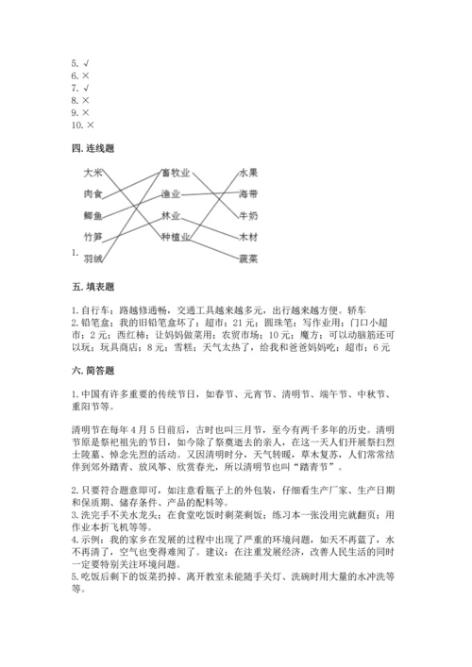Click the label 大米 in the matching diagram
click(x=93, y=173)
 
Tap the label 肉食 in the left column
click(x=93, y=193)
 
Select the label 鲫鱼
click(x=93, y=215)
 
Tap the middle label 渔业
click(x=171, y=194)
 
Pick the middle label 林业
click(x=171, y=215)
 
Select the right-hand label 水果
click(x=248, y=173)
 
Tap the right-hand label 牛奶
click(x=248, y=215)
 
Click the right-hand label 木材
click(x=248, y=236)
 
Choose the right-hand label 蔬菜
click(x=248, y=257)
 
